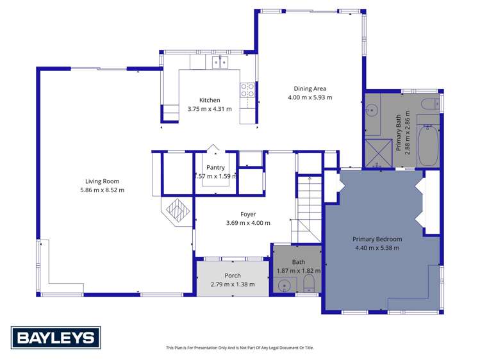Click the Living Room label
103,181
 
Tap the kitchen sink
220,62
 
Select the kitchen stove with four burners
247,90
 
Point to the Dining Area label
310,89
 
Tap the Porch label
232,276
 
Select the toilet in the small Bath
308,284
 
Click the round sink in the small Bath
283,286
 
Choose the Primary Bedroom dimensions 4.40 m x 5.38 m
376,248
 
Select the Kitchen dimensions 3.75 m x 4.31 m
210,109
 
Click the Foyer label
248,215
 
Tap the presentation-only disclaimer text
240,348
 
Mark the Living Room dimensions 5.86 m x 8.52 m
103,190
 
